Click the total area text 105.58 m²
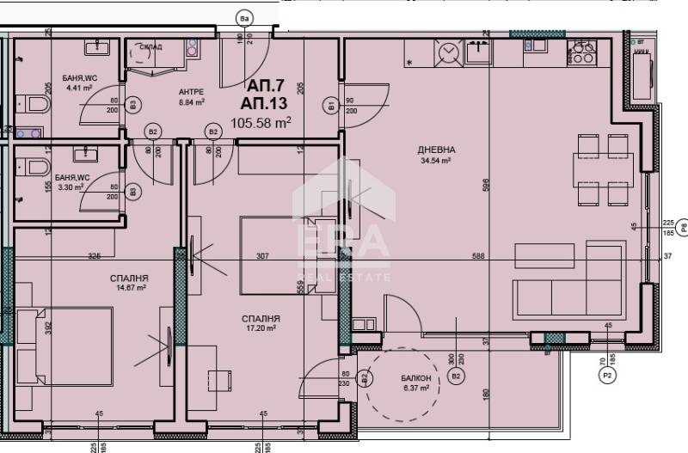point(261,123)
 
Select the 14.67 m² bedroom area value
point(130,288)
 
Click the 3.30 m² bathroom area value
point(69,186)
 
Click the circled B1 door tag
point(331,106)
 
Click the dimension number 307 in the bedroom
point(264,255)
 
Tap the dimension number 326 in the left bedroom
point(95,255)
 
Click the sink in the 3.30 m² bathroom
point(86,155)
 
